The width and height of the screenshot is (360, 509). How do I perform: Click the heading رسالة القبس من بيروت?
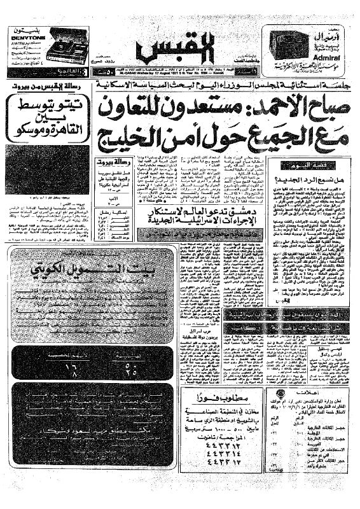[x=45, y=85]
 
